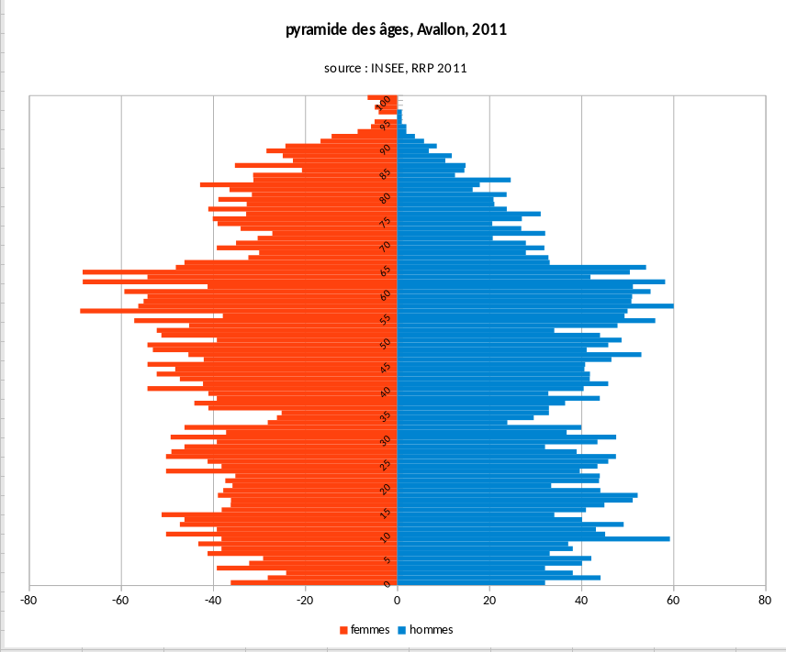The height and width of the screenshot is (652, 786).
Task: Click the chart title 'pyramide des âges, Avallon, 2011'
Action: coord(397,30)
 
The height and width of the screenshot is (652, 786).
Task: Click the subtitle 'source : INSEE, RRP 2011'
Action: coord(397,68)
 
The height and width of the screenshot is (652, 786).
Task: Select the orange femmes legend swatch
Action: coord(344,630)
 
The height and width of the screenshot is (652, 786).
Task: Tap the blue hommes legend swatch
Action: coord(402,630)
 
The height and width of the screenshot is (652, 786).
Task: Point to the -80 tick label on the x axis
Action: coord(29,601)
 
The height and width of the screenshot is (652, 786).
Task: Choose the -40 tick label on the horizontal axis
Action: coord(213,601)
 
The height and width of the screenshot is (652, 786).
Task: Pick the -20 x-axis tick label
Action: coord(305,601)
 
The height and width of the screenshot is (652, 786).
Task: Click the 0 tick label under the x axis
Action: coord(398,601)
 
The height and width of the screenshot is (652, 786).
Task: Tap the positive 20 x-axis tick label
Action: coord(489,601)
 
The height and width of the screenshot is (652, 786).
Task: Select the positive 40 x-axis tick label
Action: coord(581,601)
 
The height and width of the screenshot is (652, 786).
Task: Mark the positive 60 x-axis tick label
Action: coord(673,601)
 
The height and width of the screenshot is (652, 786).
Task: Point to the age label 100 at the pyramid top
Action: coord(386,101)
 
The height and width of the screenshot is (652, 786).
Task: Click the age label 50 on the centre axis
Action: coord(386,343)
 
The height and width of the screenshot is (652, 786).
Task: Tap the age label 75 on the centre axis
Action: coord(386,222)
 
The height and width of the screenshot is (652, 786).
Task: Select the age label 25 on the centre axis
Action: coord(386,464)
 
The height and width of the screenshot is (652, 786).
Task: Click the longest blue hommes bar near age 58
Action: coord(551,305)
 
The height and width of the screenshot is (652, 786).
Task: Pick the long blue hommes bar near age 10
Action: coord(551,538)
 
